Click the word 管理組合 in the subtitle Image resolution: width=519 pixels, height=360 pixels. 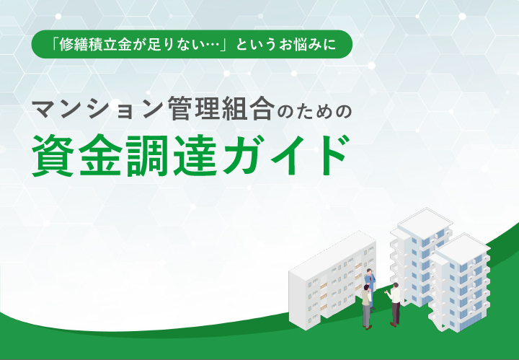(x=221, y=109)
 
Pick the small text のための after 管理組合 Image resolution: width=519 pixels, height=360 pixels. (x=314, y=111)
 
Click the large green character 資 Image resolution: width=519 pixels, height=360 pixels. (x=53, y=156)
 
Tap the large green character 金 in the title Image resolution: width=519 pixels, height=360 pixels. (x=101, y=156)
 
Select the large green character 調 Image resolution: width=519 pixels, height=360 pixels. (x=148, y=156)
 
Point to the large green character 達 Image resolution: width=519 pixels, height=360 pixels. (x=195, y=156)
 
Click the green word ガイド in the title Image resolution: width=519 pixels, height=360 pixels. (x=285, y=156)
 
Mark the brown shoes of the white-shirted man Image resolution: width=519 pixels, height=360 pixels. (x=394, y=324)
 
